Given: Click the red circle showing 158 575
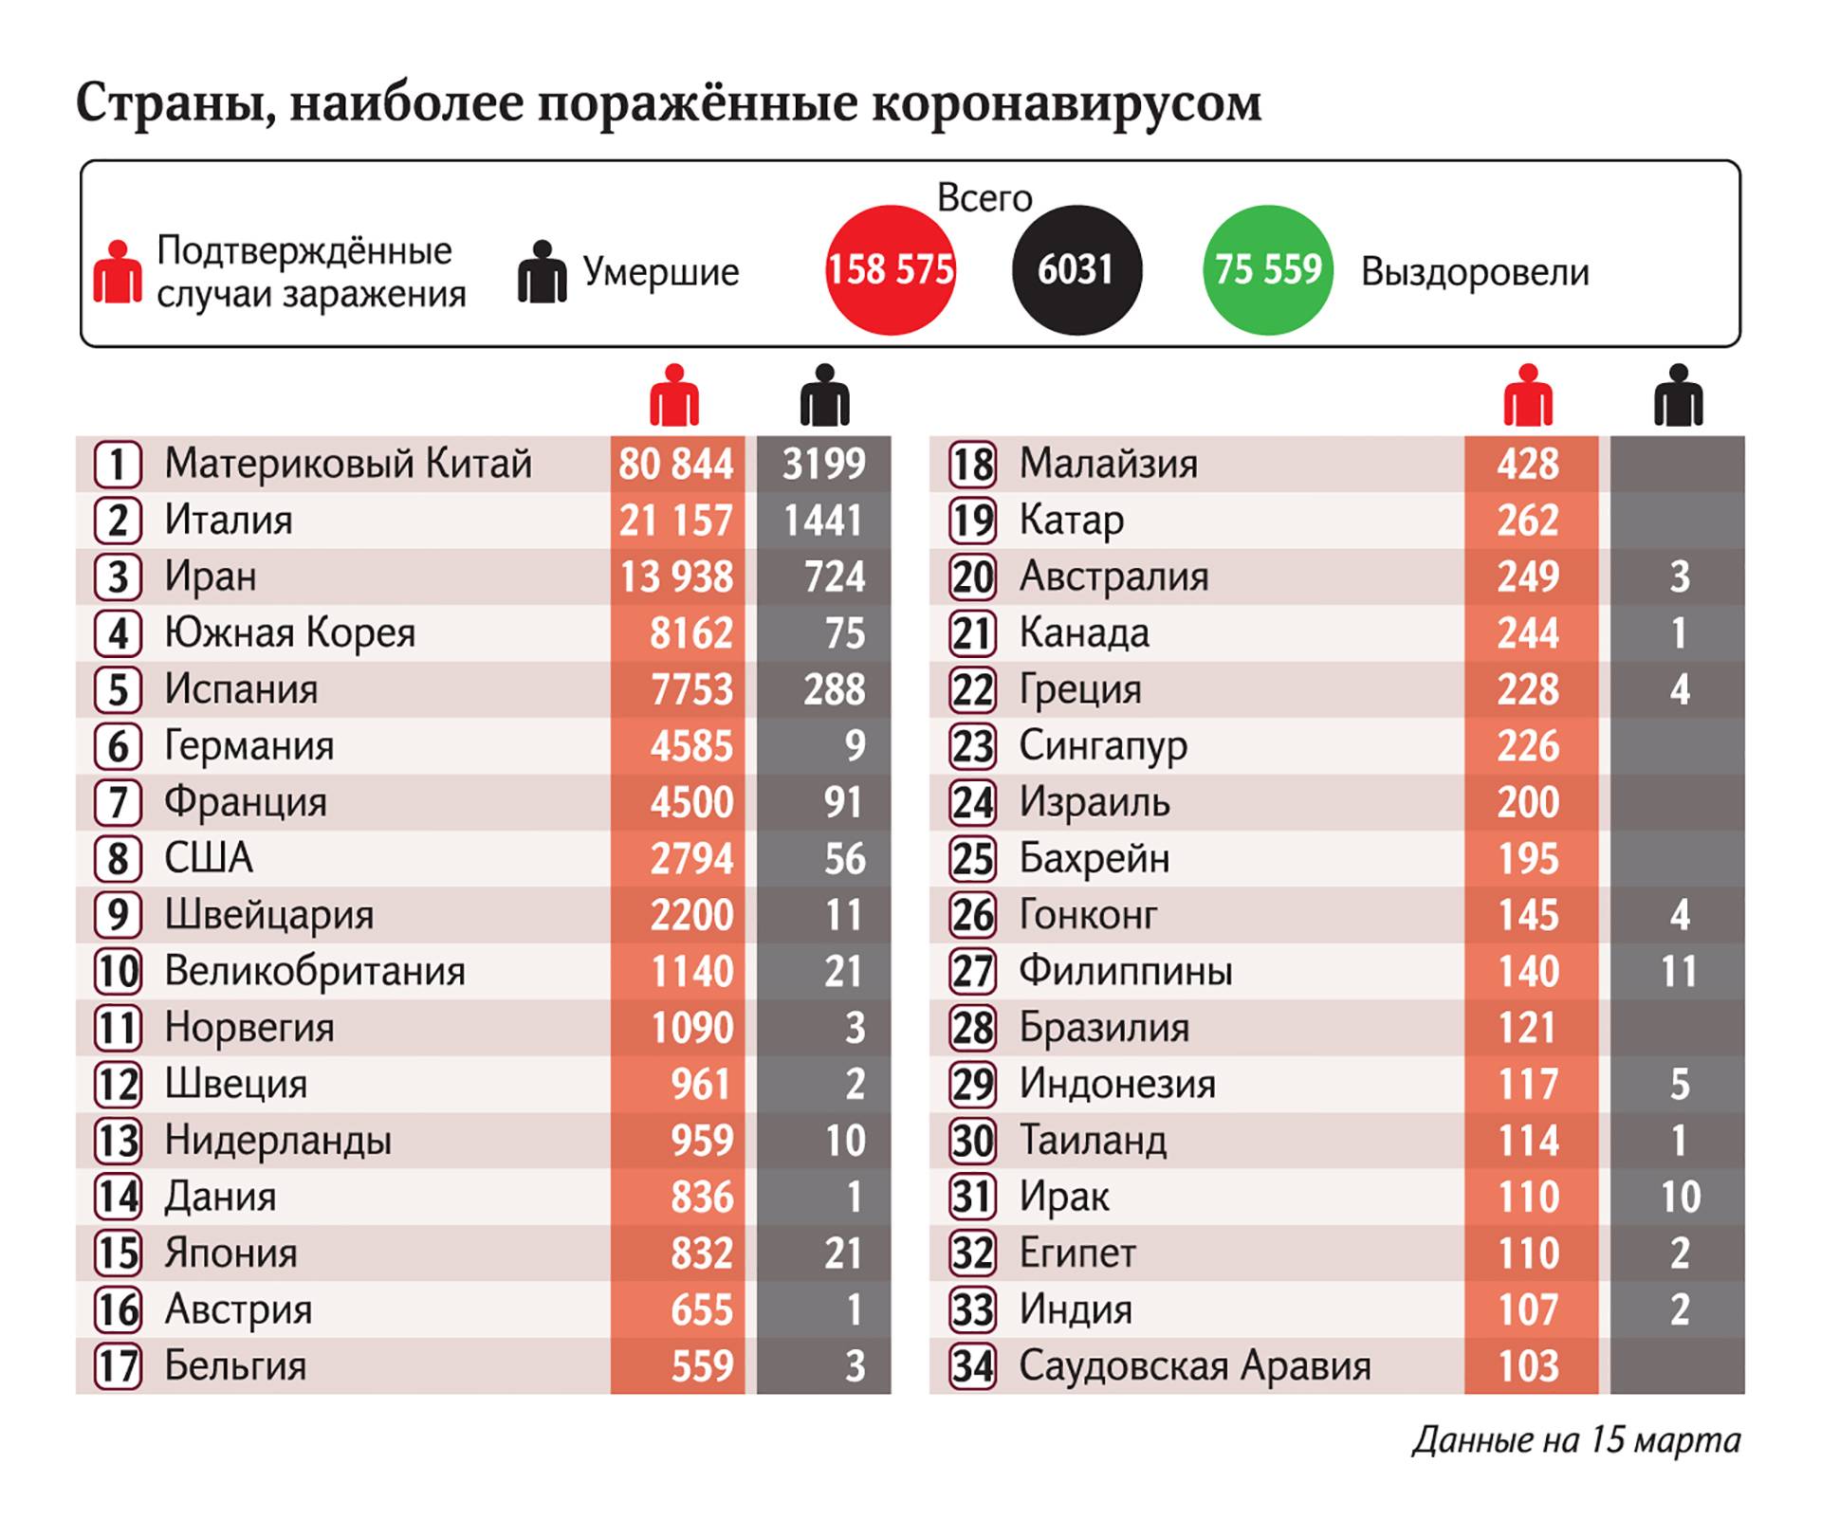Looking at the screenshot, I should click(890, 270).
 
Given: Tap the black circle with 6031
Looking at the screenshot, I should click(1076, 270).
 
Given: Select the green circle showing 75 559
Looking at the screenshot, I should click(1268, 270).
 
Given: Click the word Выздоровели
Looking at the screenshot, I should click(1475, 272).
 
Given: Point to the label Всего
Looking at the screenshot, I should click(984, 197).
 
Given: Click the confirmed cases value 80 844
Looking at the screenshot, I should click(676, 464).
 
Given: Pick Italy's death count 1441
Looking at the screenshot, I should click(823, 521).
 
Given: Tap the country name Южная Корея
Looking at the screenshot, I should click(290, 633).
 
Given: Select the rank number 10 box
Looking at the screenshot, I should click(119, 971).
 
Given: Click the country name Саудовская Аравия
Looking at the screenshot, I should click(1195, 1366).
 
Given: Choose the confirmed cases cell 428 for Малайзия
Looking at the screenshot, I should click(1528, 464).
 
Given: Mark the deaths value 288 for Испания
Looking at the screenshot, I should click(834, 689).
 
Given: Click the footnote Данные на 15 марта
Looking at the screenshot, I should click(1576, 1440).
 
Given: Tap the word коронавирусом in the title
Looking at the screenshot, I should click(1066, 102).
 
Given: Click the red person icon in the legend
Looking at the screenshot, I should click(118, 272).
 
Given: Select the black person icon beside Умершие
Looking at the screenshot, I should click(542, 272).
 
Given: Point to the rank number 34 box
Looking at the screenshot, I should click(973, 1366).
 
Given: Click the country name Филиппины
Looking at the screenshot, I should click(1126, 971).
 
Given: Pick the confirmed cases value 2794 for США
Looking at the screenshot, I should click(691, 859).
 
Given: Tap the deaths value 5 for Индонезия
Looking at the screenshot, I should click(1679, 1084).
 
